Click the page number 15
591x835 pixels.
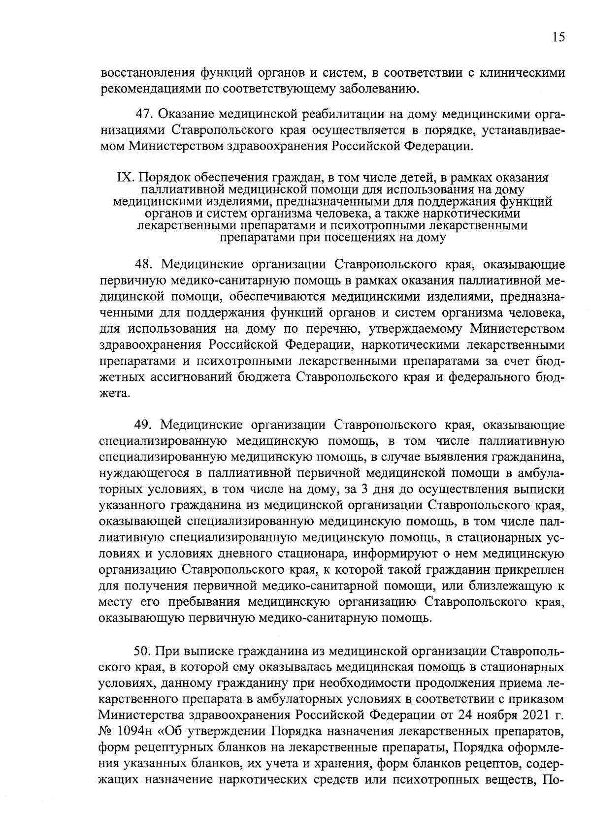pyautogui.click(x=558, y=37)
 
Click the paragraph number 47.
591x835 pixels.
pyautogui.click(x=143, y=115)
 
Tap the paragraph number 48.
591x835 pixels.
pyautogui.click(x=143, y=265)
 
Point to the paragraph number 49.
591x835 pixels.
pyautogui.click(x=143, y=425)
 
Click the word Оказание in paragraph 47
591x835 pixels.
pyautogui.click(x=187, y=115)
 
